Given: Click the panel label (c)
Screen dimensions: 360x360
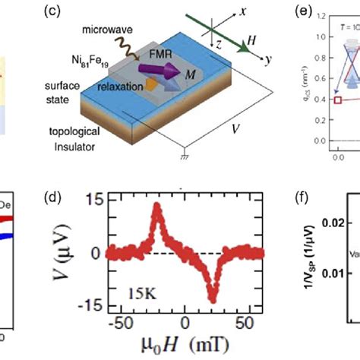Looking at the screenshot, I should (x=58, y=12).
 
